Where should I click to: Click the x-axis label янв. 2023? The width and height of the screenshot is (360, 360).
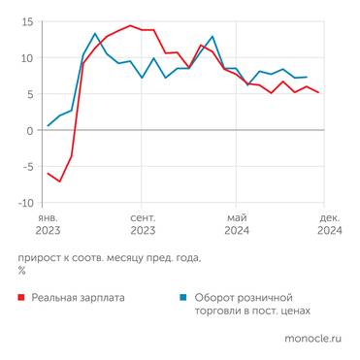(x=49, y=224)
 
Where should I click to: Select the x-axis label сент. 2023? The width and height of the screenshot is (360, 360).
(x=143, y=224)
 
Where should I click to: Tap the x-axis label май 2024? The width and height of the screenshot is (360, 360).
(x=237, y=224)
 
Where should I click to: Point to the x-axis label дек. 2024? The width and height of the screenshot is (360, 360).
(x=330, y=224)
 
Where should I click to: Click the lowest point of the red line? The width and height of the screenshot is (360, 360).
(x=59, y=181)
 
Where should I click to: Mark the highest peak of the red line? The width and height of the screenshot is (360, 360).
(x=130, y=26)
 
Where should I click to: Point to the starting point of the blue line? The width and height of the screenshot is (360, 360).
(x=49, y=126)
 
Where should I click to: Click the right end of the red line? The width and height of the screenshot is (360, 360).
(x=318, y=93)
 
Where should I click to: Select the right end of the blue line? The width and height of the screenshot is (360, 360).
(x=307, y=77)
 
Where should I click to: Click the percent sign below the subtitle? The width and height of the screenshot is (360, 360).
(x=21, y=271)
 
